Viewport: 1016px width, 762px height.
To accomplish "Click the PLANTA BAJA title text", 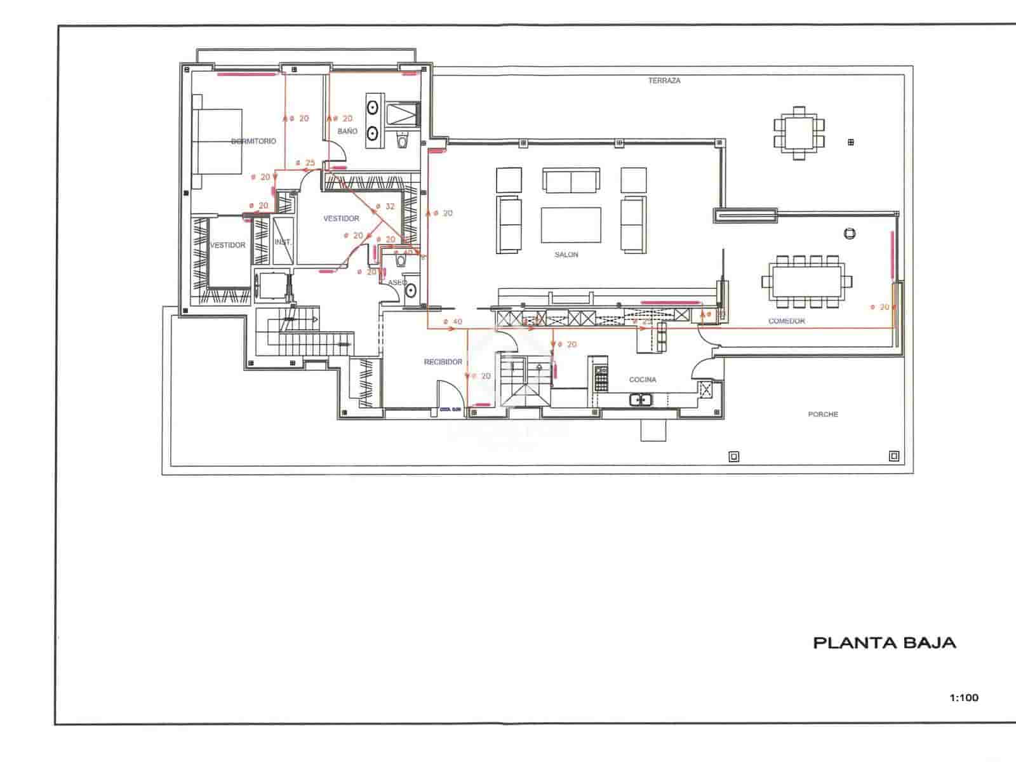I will [884, 643].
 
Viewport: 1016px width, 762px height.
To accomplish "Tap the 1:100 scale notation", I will [964, 698].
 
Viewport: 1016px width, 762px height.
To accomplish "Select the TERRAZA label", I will [664, 81].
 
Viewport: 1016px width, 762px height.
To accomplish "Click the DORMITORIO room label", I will [253, 141].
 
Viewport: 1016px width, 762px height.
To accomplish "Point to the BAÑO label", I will [347, 131].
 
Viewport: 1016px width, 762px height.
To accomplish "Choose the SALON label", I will [566, 255].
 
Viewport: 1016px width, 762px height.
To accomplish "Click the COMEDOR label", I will [787, 321].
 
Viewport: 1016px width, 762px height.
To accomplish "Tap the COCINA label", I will [643, 380].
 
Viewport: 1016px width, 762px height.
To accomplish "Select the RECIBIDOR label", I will [443, 362].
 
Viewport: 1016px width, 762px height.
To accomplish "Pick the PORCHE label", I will [823, 414].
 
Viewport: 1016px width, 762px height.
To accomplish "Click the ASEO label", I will [397, 283].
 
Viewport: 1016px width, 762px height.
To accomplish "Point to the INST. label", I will [283, 242].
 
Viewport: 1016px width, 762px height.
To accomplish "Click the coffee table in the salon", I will [571, 225].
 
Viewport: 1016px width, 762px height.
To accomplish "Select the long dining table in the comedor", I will [806, 281].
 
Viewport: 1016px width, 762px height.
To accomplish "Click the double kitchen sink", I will [640, 400].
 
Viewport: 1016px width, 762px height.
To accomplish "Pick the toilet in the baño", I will [402, 140].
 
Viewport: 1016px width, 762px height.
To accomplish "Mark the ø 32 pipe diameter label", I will [385, 206].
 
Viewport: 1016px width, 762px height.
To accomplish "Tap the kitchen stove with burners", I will [601, 378].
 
